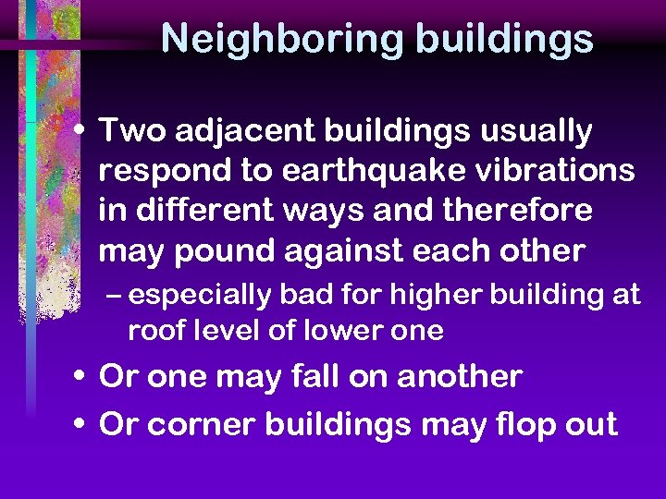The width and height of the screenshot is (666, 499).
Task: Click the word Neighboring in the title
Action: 281,39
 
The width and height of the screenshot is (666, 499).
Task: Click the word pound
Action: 209,250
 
